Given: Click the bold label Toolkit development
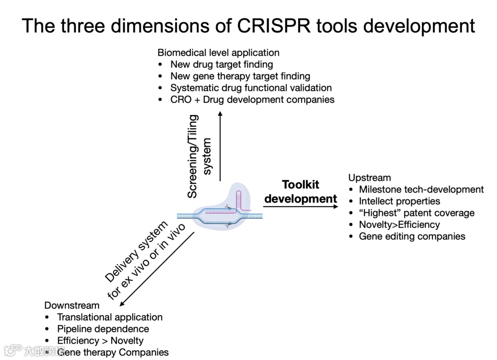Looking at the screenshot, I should [301, 192].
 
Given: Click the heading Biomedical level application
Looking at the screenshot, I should [218, 53].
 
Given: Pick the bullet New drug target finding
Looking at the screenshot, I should [222, 64].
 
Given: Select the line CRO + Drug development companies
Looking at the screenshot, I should [252, 99].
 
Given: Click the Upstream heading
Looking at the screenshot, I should [369, 178].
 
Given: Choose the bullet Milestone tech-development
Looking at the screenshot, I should [421, 189].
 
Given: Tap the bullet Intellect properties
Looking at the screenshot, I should [400, 201].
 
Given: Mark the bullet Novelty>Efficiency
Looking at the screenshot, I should [400, 224].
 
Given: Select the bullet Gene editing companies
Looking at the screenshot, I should [412, 236].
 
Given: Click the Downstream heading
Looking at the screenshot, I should [72, 305].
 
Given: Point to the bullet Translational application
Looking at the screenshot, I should [110, 317].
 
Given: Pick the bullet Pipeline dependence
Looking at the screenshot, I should [103, 329].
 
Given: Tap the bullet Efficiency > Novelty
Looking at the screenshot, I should [100, 341].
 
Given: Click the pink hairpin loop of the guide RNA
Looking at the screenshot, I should [240, 196].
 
